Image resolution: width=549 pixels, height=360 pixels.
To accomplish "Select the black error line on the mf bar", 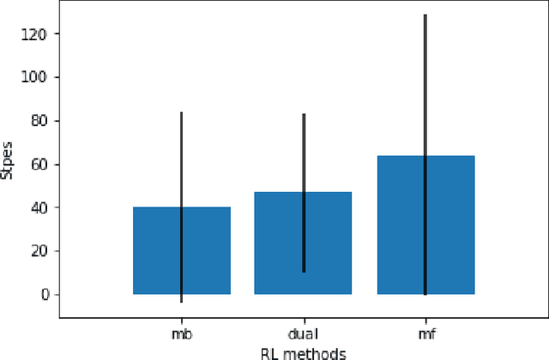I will point(425,103).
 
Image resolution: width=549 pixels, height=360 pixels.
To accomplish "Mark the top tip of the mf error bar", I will point(425,15).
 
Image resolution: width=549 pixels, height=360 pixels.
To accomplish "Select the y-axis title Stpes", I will point(9,160).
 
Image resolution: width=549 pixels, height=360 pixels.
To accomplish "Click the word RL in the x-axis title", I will point(268,352).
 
